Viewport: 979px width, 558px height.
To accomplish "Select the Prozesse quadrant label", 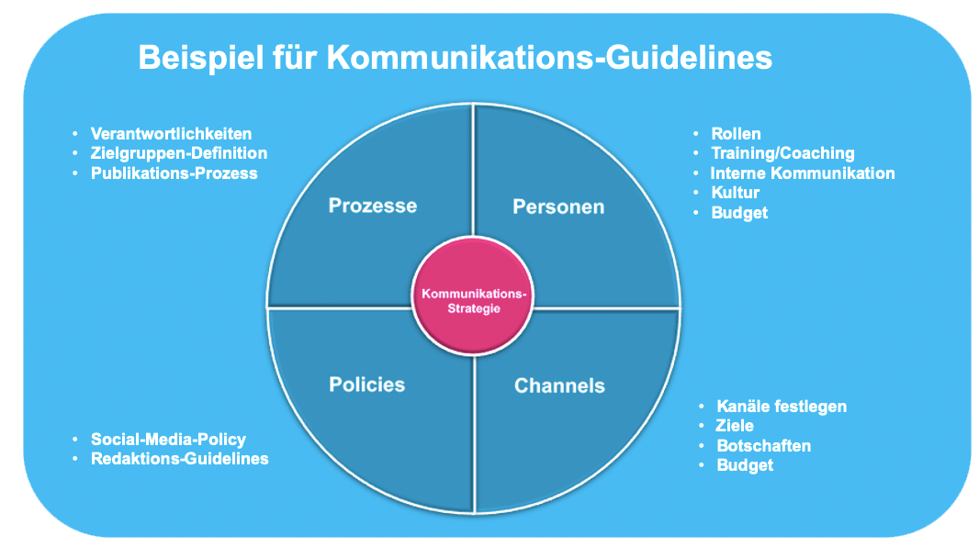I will pos(372,205).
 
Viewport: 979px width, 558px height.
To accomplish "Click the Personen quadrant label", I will pos(558,206).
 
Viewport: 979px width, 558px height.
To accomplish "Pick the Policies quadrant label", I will pos(366,384).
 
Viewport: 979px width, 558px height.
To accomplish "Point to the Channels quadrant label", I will pos(559,385).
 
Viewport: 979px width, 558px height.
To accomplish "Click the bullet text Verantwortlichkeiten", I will pos(171,134).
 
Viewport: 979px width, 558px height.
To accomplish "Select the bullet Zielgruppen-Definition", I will pos(179,153).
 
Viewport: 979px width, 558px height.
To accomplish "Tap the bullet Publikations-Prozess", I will pos(174,173).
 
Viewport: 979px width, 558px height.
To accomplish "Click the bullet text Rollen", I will pos(736,134).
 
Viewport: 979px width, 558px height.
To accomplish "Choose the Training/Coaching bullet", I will pos(782,153).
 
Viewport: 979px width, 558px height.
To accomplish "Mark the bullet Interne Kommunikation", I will pos(803,173).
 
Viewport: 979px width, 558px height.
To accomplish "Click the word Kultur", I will pos(735,193).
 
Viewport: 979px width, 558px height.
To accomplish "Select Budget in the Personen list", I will pos(739,212).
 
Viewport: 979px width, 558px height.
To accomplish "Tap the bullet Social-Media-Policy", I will pos(168,439).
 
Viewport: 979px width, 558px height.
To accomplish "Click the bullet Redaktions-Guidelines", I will pos(179,458).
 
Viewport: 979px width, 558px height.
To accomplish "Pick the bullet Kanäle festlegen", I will pos(782,406).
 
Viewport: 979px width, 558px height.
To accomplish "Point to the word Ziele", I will pos(735,425).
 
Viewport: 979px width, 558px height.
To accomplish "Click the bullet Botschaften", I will pos(763,445).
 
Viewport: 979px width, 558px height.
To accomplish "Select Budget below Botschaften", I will pos(745,464).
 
